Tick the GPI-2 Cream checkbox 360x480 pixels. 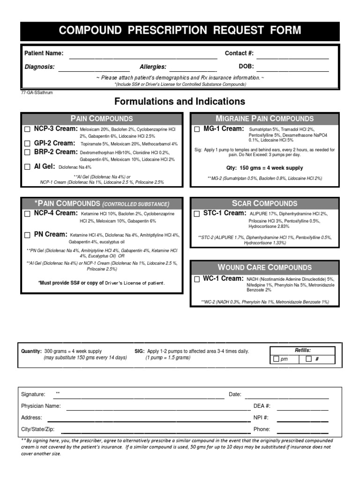click(x=27, y=143)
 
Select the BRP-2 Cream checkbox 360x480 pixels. click(x=27, y=152)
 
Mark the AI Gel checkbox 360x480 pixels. click(x=27, y=167)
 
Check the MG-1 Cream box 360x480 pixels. click(x=197, y=129)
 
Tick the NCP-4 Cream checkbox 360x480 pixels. click(x=27, y=214)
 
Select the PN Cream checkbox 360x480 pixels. click(x=27, y=235)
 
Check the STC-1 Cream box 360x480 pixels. click(x=197, y=214)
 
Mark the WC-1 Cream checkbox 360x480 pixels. click(x=197, y=279)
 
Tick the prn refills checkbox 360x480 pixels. click(x=276, y=359)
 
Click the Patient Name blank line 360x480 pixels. click(x=143, y=58)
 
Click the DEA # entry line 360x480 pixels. click(x=302, y=409)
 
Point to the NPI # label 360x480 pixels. click(x=261, y=417)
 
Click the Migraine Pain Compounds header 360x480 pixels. click(x=264, y=119)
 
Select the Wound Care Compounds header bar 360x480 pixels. click(x=264, y=267)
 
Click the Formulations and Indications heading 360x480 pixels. click(x=180, y=101)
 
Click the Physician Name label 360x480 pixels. click(x=41, y=406)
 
